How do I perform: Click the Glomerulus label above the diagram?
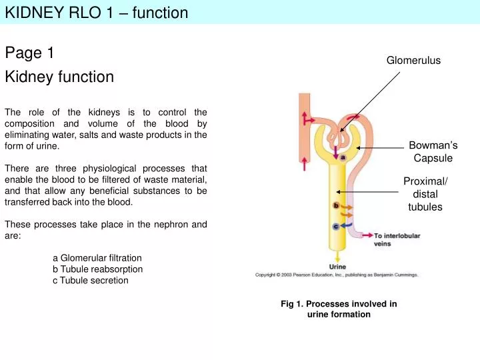(413, 61)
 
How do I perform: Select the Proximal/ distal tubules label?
(425, 195)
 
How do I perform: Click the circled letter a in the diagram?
(342, 157)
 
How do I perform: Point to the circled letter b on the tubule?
(336, 205)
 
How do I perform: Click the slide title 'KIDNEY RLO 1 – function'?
(97, 12)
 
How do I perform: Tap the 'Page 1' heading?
(29, 53)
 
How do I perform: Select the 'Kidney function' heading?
(59, 77)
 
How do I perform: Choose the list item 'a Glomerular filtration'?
(97, 258)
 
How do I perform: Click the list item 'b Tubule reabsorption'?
(97, 269)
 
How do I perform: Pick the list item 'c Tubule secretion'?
(90, 281)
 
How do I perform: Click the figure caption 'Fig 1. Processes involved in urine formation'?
(339, 309)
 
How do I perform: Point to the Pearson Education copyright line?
(337, 275)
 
